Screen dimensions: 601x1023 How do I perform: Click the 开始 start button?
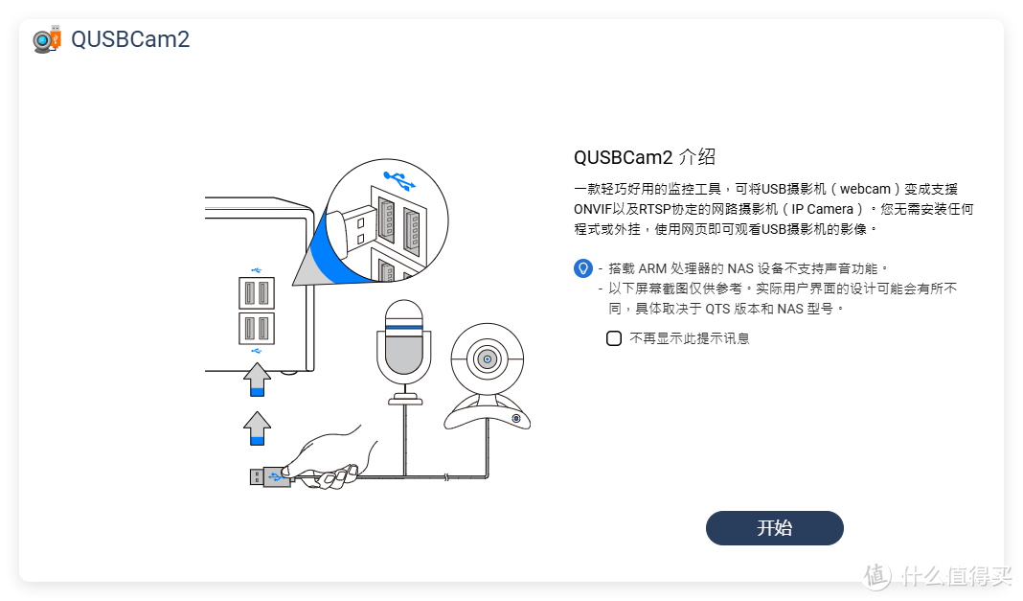click(x=774, y=528)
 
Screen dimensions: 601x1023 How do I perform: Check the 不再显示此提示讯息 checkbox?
click(x=614, y=338)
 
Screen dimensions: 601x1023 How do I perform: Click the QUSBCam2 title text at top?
click(x=130, y=39)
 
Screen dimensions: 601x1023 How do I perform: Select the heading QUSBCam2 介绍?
click(x=644, y=157)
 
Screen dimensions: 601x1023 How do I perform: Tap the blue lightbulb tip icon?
click(x=582, y=268)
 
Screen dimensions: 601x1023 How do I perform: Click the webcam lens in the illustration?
click(x=488, y=359)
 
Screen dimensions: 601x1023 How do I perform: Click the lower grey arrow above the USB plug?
click(x=257, y=428)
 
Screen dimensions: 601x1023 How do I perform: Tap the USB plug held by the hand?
click(x=269, y=476)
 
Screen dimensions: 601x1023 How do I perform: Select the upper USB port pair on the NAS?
click(x=256, y=293)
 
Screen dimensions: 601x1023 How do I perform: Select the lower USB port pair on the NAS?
click(x=256, y=328)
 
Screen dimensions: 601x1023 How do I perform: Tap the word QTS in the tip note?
click(x=716, y=309)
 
